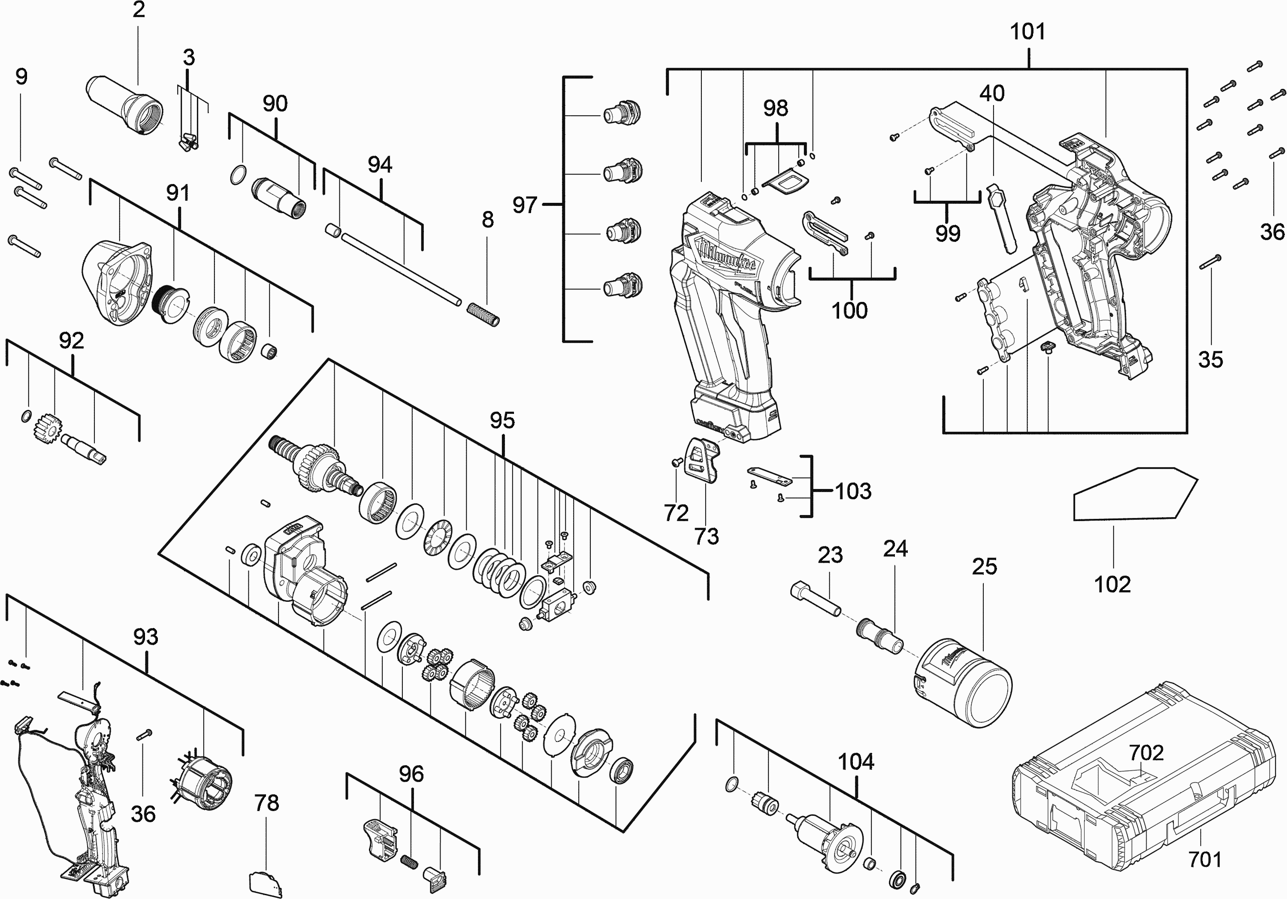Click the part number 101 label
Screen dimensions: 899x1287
pyautogui.click(x=1027, y=32)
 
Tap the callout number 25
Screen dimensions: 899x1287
pyautogui.click(x=984, y=567)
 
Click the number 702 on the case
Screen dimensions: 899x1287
pyautogui.click(x=1146, y=753)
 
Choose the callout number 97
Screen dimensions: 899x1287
pyautogui.click(x=525, y=205)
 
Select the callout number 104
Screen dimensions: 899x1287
pyautogui.click(x=855, y=762)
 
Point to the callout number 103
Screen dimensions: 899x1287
pyautogui.click(x=853, y=492)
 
